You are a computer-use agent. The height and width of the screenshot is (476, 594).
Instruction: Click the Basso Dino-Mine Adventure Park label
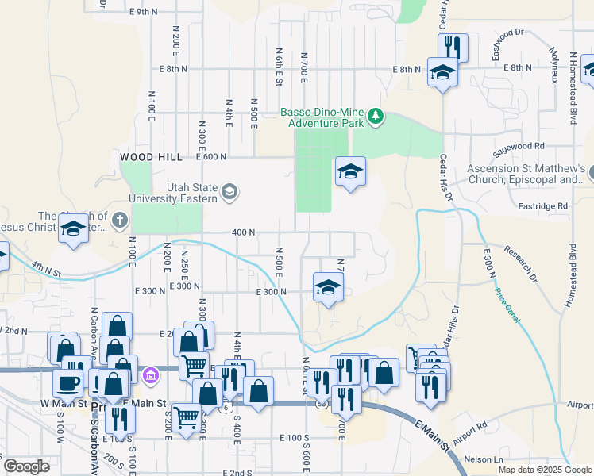(x=322, y=117)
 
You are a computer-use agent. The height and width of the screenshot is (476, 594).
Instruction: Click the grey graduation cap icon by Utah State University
(x=229, y=190)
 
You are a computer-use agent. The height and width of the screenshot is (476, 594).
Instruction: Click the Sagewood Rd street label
(x=518, y=146)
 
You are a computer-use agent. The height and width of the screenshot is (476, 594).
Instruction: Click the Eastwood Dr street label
(x=508, y=33)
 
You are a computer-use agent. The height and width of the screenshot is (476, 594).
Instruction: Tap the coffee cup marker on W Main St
(x=67, y=383)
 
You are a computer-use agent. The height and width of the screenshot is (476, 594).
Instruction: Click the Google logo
(x=27, y=466)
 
